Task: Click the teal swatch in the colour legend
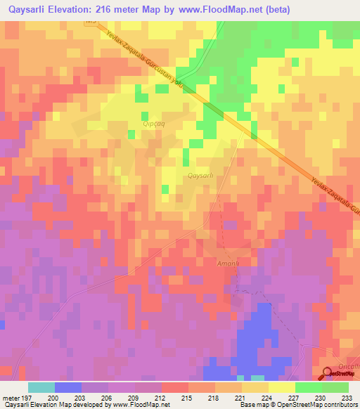tap(41, 387)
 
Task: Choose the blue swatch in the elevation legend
tap(67, 387)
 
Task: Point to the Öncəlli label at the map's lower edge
tap(348, 367)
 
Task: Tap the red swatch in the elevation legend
tap(174, 387)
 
